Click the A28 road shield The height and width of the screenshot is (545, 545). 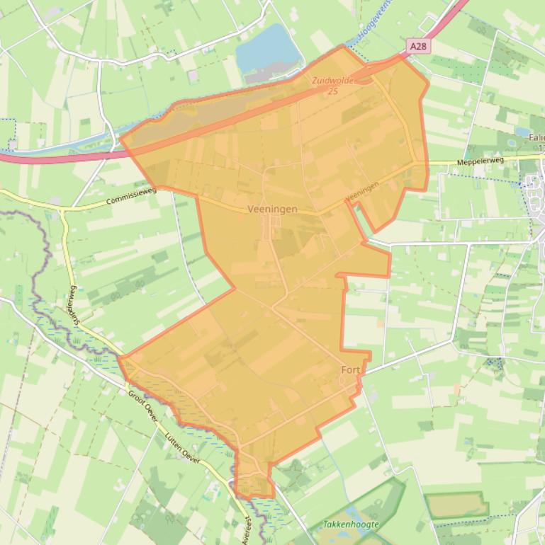coord(418,46)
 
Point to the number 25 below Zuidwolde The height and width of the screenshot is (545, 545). coord(332,91)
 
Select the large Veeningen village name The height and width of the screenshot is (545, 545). coord(273,210)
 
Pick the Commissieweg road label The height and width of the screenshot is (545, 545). coord(131,196)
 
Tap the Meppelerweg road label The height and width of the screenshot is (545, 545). coord(480,161)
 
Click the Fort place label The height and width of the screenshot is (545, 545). coord(351,370)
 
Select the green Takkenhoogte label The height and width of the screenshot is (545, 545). coord(350,524)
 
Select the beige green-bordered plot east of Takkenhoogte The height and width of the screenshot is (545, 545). coord(457,505)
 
